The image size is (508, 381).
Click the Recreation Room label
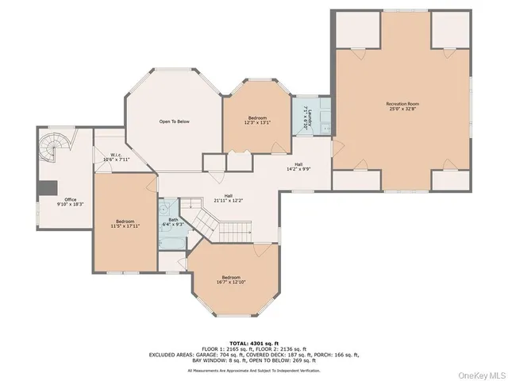[402, 106]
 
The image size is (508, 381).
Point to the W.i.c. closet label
[110, 157]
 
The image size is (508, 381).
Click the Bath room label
[172, 223]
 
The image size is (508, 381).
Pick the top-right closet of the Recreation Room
[450, 29]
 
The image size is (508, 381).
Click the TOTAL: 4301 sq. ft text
[254, 341]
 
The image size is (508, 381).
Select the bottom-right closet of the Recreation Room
[450, 181]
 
